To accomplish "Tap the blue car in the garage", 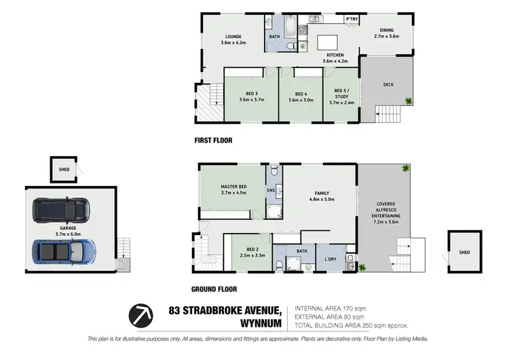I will coord(60,252).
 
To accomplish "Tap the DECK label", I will coord(388,85).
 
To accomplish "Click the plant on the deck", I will coord(409,101).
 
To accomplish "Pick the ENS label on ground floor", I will coord(270,191).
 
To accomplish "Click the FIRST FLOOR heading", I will coord(213,141).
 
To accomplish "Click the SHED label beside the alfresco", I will coord(464,252).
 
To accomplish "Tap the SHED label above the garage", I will coord(64,170).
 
